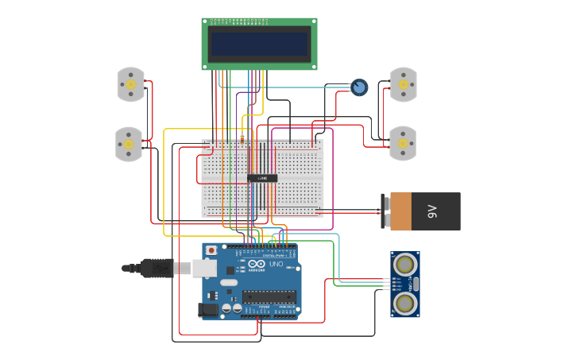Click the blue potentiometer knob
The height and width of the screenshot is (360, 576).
pyautogui.click(x=360, y=87)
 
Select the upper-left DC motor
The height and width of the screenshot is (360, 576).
pyautogui.click(x=131, y=84)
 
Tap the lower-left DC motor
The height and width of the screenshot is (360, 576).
pyautogui.click(x=129, y=144)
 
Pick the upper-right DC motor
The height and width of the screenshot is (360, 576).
pyautogui.click(x=403, y=84)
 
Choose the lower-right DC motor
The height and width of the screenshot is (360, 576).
pyautogui.click(x=402, y=143)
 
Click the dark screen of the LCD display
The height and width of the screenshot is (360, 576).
pyautogui.click(x=259, y=43)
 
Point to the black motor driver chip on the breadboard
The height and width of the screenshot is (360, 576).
pyautogui.click(x=262, y=178)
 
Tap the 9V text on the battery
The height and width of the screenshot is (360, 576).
pyautogui.click(x=432, y=211)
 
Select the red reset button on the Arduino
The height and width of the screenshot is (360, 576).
pyautogui.click(x=211, y=251)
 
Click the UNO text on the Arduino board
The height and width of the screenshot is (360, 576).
pyautogui.click(x=276, y=264)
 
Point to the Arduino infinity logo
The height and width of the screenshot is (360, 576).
pyautogui.click(x=257, y=265)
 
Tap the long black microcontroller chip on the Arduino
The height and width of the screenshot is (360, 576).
pyautogui.click(x=269, y=297)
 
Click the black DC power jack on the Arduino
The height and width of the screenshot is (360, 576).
pyautogui.click(x=208, y=309)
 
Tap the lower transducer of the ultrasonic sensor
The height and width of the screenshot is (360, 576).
pyautogui.click(x=405, y=303)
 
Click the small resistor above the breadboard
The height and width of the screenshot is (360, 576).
pyautogui.click(x=242, y=137)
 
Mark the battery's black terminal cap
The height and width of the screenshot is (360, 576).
pyautogui.click(x=385, y=211)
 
